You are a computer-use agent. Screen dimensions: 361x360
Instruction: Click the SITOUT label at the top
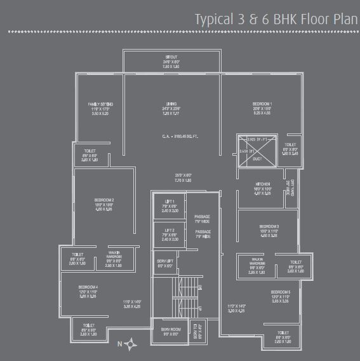pyautogui.click(x=171, y=58)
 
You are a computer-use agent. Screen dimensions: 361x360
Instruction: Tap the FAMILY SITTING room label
pyautogui.click(x=100, y=104)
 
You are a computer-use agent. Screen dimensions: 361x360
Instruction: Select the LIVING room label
pyautogui.click(x=171, y=104)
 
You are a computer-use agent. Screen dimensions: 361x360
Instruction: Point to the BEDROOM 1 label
pyautogui.click(x=262, y=104)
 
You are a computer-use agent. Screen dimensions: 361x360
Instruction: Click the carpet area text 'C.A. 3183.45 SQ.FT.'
pyautogui.click(x=171, y=135)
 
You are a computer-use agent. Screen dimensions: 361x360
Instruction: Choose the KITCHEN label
pyautogui.click(x=263, y=184)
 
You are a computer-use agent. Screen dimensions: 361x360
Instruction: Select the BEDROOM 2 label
pyautogui.click(x=103, y=200)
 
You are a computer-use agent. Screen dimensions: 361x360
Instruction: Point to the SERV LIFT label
pyautogui.click(x=165, y=261)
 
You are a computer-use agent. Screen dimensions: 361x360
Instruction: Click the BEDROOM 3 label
pyautogui.click(x=269, y=226)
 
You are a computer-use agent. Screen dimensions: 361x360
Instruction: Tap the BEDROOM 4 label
pyautogui.click(x=88, y=287)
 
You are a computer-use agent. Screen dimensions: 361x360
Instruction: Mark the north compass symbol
pyautogui.click(x=131, y=344)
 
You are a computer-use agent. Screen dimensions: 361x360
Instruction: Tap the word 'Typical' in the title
pyautogui.click(x=213, y=18)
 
